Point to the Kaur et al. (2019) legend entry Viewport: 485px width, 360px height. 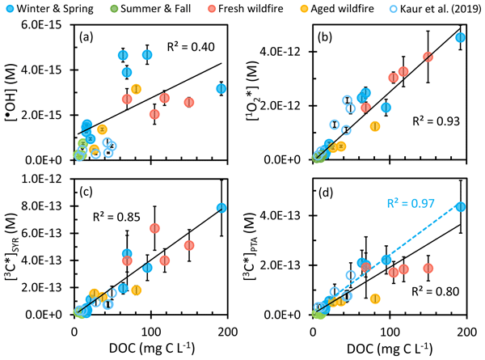[x=428, y=9]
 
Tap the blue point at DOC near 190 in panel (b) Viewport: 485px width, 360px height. [x=461, y=37]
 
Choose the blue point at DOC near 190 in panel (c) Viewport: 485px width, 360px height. [x=221, y=208]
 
